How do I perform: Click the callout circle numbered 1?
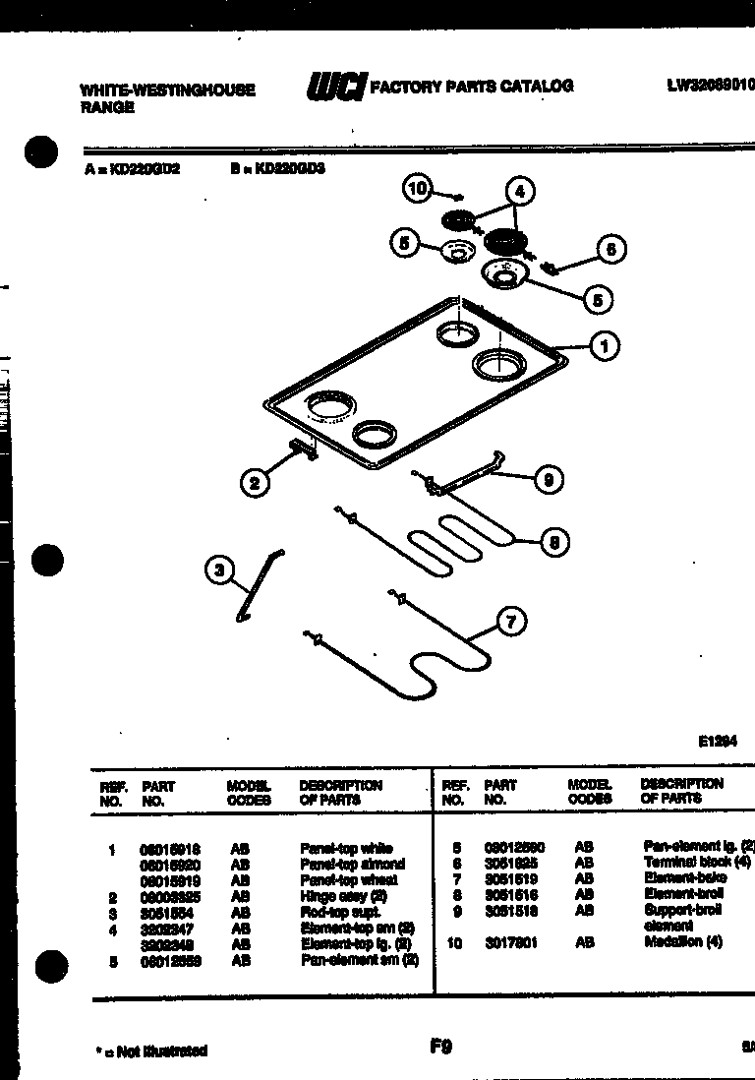(605, 345)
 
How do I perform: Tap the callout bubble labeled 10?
(419, 189)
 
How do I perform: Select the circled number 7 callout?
(511, 621)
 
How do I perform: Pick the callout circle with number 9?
(548, 479)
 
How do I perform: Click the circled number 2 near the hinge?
(255, 482)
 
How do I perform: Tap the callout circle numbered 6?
(610, 250)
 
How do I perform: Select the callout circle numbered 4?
(520, 192)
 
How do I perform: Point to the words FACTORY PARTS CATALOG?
(471, 87)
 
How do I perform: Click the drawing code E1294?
(718, 743)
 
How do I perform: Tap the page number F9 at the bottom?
(440, 1048)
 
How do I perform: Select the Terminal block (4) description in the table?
(697, 862)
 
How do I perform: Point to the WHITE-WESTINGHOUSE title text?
(167, 90)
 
